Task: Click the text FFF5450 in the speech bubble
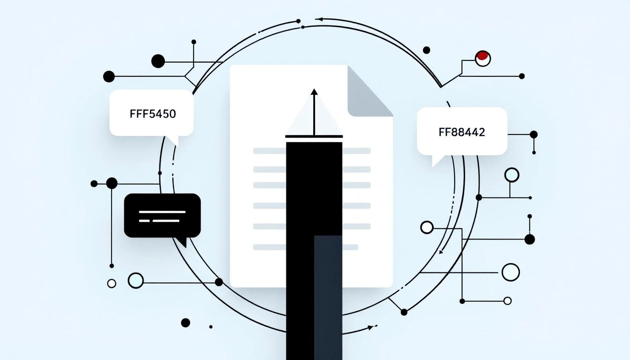pyautogui.click(x=152, y=113)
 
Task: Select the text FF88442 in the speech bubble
pyautogui.click(x=462, y=132)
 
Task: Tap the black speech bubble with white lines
pyautogui.click(x=162, y=216)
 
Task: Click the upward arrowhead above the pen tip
pyautogui.click(x=314, y=92)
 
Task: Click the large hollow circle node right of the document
pyautogui.click(x=510, y=272)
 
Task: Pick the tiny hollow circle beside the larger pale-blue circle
pyautogui.click(x=112, y=283)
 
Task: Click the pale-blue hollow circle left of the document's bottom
pyautogui.click(x=135, y=280)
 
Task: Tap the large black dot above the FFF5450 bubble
pyautogui.click(x=158, y=61)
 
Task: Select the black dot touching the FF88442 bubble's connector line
pyautogui.click(x=533, y=135)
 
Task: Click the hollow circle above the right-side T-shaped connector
pyautogui.click(x=511, y=175)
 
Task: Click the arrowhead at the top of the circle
pyautogui.click(x=319, y=20)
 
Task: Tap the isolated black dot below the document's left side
pyautogui.click(x=186, y=322)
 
